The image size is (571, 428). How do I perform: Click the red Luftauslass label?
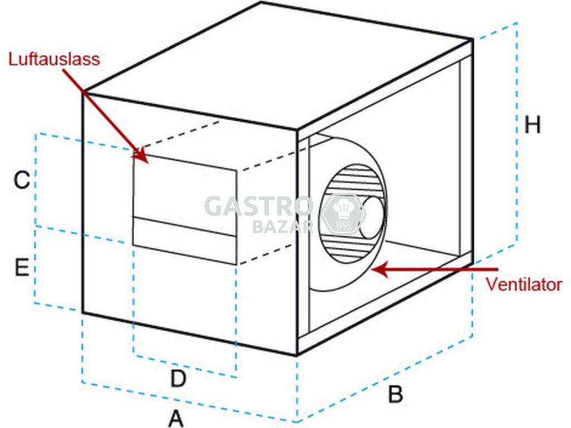[x=54, y=59]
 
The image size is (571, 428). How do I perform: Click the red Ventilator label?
[x=523, y=284]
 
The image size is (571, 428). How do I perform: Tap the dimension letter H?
[x=533, y=125]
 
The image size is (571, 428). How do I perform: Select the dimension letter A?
[x=176, y=417]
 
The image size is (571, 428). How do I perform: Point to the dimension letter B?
[x=395, y=395]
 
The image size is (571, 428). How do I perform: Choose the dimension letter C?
[x=22, y=180]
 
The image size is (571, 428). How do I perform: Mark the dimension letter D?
[x=178, y=379]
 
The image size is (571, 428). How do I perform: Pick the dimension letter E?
[x=22, y=268]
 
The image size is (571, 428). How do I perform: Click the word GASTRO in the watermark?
[x=259, y=207]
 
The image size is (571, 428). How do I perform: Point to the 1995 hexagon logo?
[x=343, y=214]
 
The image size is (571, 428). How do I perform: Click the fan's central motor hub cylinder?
[x=372, y=217]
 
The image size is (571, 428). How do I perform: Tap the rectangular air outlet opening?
[x=185, y=209]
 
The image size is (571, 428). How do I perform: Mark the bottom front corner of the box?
[x=297, y=354]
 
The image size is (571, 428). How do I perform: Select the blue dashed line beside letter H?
[x=517, y=134]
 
